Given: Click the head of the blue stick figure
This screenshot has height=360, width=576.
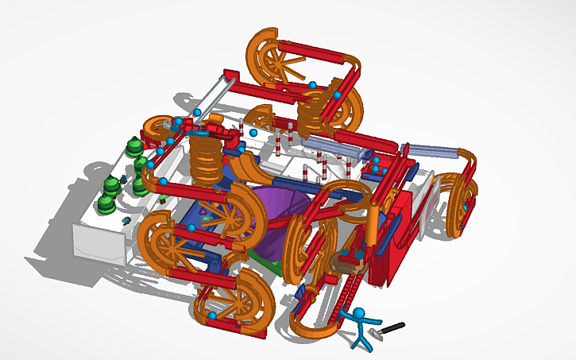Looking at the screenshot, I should coord(359,313).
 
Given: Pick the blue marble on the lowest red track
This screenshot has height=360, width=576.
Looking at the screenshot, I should coord(212,317).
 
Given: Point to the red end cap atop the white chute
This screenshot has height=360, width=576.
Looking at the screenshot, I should coord(230,75).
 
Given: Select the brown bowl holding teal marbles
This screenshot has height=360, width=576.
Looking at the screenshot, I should coord(349,258).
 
